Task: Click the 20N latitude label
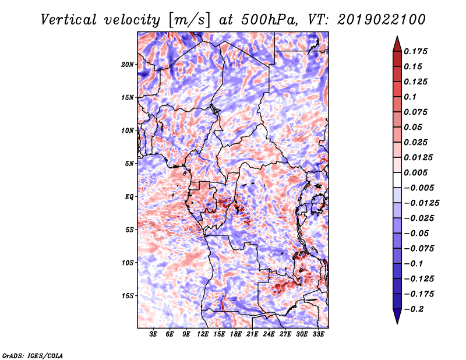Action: (128, 65)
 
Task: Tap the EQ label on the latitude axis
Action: (129, 197)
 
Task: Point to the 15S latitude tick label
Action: (128, 296)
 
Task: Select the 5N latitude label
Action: (129, 164)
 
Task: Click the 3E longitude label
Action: (153, 334)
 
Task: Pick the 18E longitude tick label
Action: (236, 334)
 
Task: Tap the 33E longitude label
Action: (318, 334)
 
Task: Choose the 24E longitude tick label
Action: (269, 334)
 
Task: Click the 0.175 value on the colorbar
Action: (415, 51)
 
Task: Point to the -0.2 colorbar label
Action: (414, 309)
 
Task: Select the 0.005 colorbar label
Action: (415, 172)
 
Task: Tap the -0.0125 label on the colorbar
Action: (421, 203)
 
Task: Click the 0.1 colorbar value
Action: (410, 97)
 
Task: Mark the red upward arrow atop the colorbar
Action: (397, 44)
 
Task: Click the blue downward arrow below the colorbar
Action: (397, 316)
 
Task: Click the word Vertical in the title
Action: (68, 20)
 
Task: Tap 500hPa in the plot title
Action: (269, 20)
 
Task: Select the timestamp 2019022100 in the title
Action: (382, 20)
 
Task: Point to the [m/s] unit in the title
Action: (189, 20)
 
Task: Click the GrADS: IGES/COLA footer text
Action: (33, 356)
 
